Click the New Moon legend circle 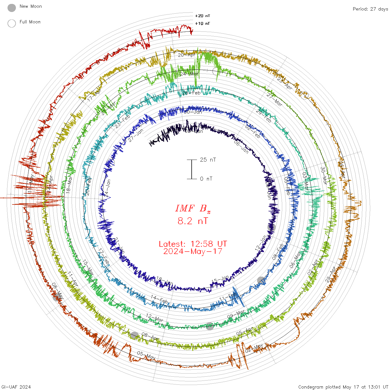pyautogui.click(x=12, y=8)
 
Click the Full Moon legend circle pyautogui.click(x=12, y=23)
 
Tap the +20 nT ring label pyautogui.click(x=203, y=16)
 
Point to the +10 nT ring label pyautogui.click(x=203, y=23)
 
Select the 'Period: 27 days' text pyautogui.click(x=370, y=9)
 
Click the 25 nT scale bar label pyautogui.click(x=208, y=160)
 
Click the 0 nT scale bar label pyautogui.click(x=206, y=179)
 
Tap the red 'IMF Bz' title pyautogui.click(x=193, y=208)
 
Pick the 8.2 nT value pyautogui.click(x=193, y=221)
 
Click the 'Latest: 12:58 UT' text pyautogui.click(x=193, y=244)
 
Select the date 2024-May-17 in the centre pyautogui.click(x=193, y=251)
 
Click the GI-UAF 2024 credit pyautogui.click(x=16, y=387)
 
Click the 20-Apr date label pyautogui.click(x=186, y=55)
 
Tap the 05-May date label pyautogui.click(x=146, y=355)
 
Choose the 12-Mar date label pyautogui.click(x=155, y=318)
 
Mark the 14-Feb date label pyautogui.click(x=159, y=299)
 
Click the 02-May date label pyautogui.click(x=254, y=348)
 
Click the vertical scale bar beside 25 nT pyautogui.click(x=192, y=169)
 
